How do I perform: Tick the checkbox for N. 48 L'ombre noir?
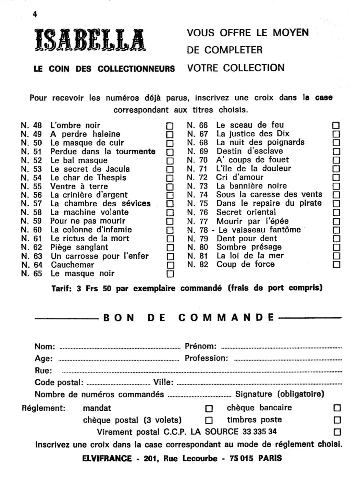170,126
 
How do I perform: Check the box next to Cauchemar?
170,265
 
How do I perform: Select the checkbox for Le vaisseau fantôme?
336,230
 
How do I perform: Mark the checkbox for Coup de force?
336,265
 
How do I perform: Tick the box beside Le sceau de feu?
336,125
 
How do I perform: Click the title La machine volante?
89,212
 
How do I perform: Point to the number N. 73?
198,186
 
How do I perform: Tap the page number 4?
35,14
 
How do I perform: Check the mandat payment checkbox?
209,409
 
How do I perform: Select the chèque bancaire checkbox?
337,408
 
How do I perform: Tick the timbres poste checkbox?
337,420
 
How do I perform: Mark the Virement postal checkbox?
337,432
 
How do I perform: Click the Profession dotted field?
288,360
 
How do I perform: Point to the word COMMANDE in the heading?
226,318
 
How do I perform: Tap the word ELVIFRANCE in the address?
107,459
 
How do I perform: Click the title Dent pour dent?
247,239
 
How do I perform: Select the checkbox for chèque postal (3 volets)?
209,421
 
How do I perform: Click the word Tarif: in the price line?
61,289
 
